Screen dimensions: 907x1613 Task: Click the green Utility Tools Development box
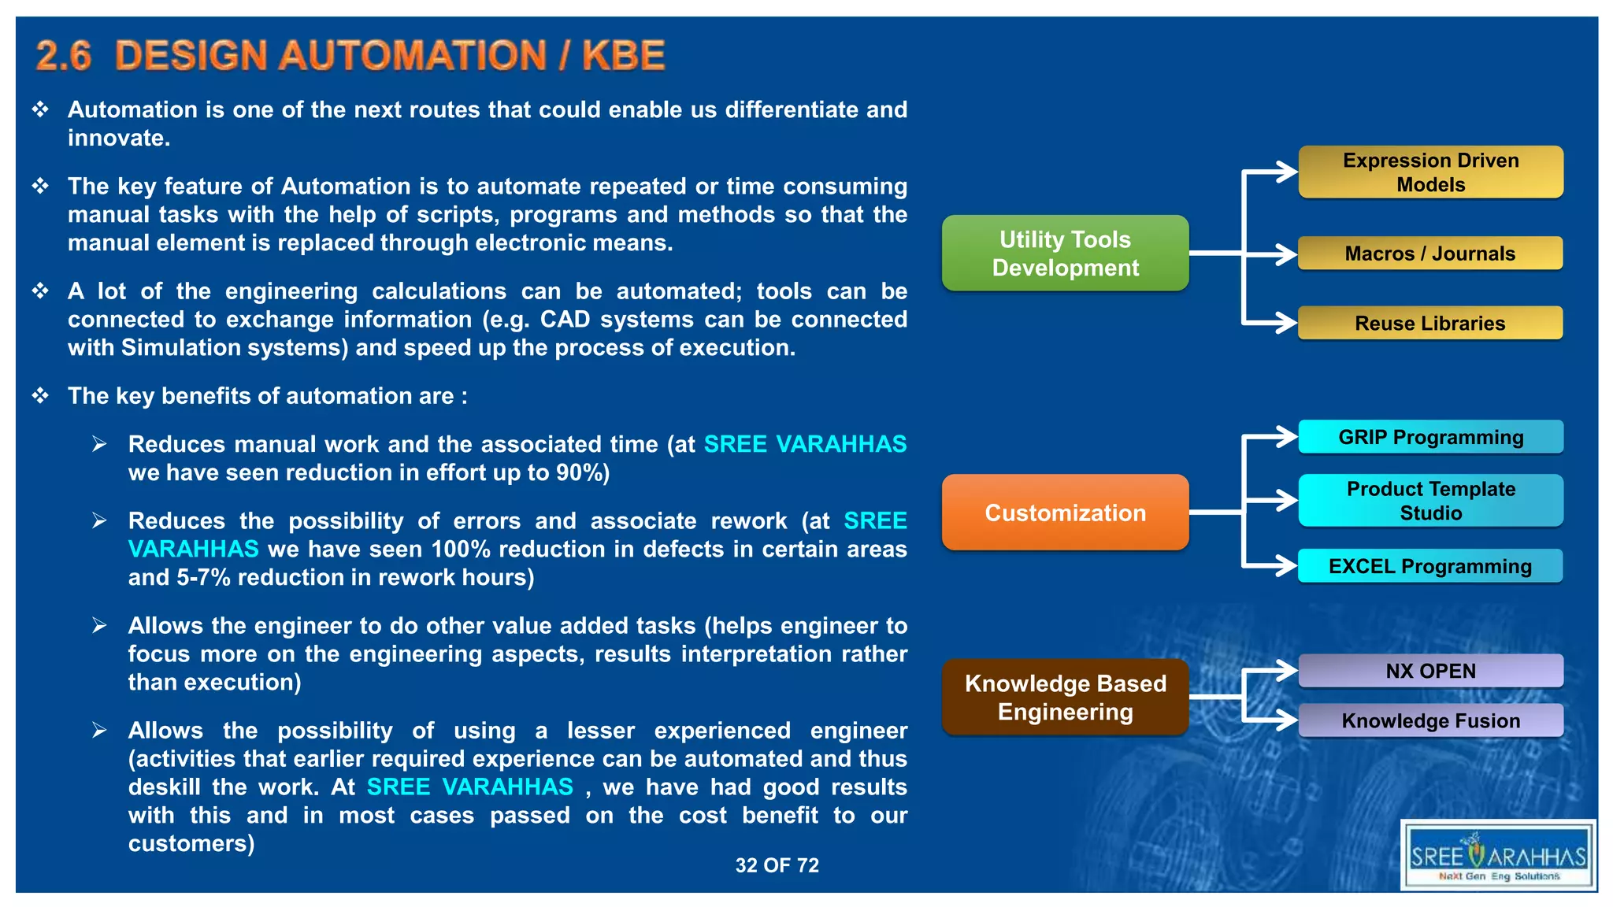pos(1065,253)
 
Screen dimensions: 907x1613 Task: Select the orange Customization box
pos(1065,513)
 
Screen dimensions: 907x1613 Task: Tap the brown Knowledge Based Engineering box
pos(1065,697)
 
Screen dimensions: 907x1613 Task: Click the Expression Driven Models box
pos(1430,172)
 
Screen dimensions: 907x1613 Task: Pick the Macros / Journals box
pos(1429,254)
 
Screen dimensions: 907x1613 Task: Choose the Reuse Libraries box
pos(1429,323)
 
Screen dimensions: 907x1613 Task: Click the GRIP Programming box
pos(1430,437)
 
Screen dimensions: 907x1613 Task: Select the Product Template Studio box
pos(1430,500)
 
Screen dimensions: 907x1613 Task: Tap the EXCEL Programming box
pos(1429,566)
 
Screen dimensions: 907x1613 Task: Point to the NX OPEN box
pos(1430,671)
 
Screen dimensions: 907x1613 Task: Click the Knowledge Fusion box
pos(1430,720)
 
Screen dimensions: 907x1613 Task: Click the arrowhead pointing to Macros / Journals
pos(1286,254)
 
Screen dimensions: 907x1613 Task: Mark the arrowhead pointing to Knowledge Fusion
pos(1286,719)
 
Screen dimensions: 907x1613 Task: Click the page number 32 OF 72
pos(777,865)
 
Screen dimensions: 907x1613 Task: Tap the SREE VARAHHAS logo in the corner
pos(1498,856)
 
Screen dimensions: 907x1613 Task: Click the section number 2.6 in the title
pos(63,56)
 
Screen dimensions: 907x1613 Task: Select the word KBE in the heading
pos(623,56)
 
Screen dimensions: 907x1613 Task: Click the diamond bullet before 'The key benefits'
pos(40,395)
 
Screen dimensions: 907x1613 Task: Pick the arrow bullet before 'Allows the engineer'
pos(99,625)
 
